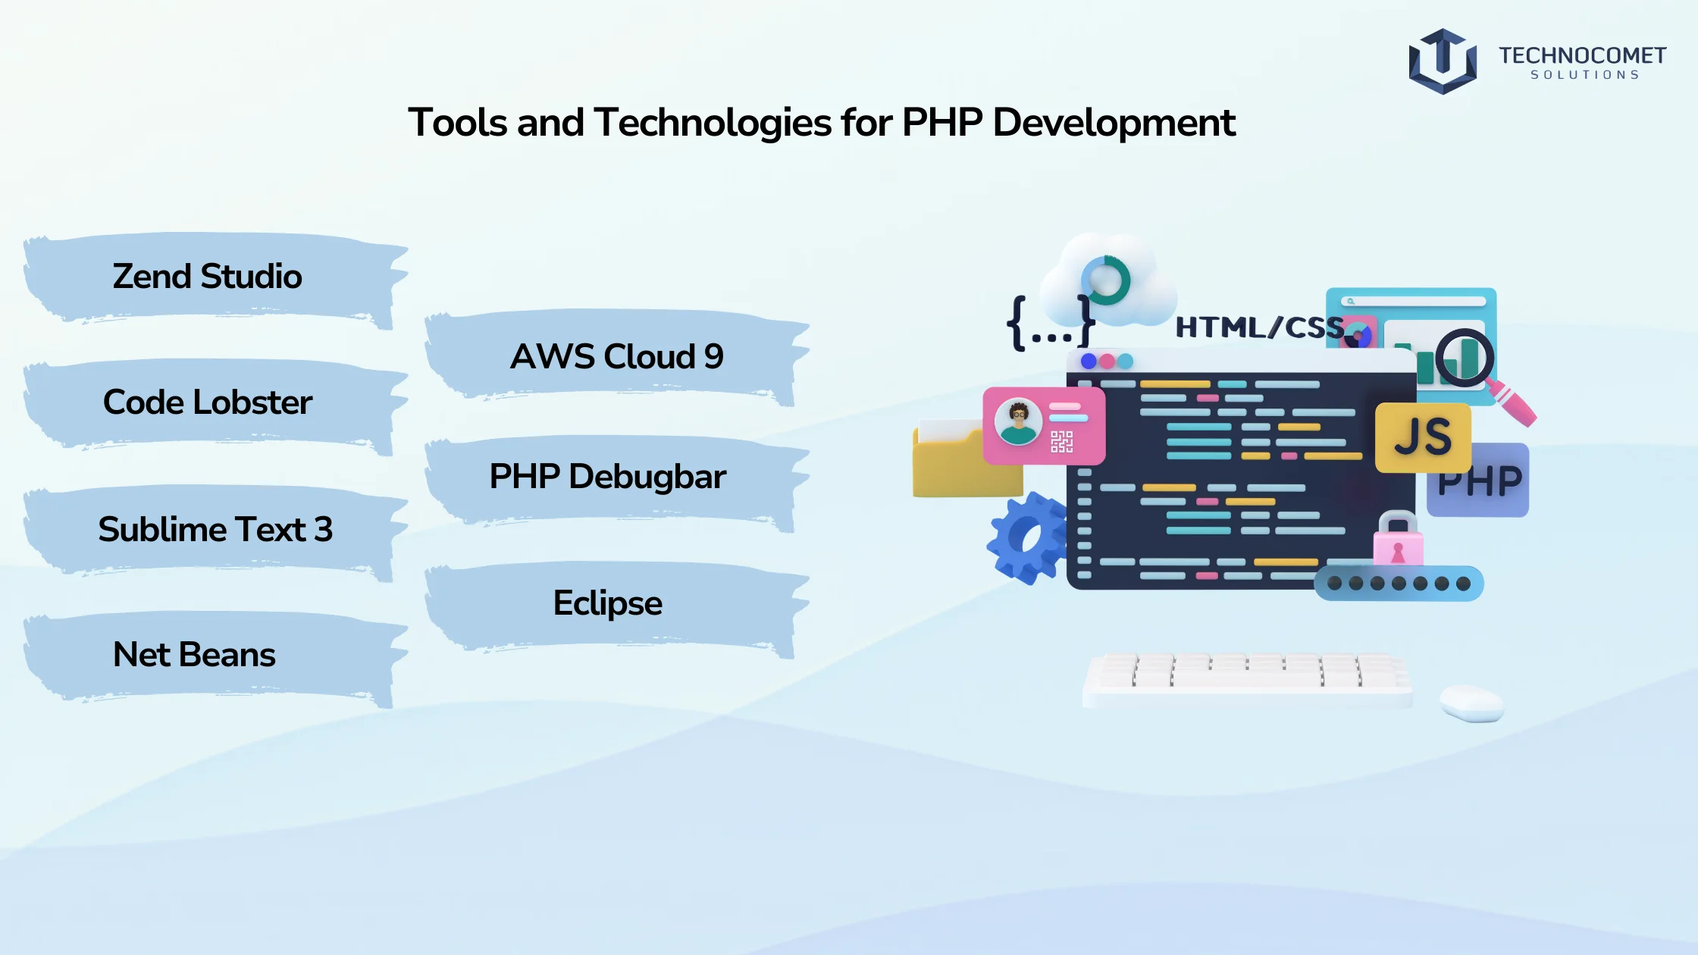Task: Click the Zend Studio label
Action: click(x=207, y=277)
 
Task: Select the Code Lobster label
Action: click(x=207, y=402)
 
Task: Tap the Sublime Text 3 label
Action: click(x=215, y=529)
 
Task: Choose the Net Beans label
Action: click(x=194, y=655)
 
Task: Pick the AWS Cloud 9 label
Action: click(x=617, y=356)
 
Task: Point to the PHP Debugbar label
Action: click(x=608, y=477)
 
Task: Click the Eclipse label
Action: click(x=608, y=603)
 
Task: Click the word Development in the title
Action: click(x=1114, y=123)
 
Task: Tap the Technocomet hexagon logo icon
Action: click(x=1443, y=61)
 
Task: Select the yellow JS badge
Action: click(x=1423, y=438)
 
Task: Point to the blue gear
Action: click(x=1026, y=538)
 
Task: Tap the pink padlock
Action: click(x=1398, y=540)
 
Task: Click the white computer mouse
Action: click(x=1472, y=703)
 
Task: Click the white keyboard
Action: click(x=1248, y=679)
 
